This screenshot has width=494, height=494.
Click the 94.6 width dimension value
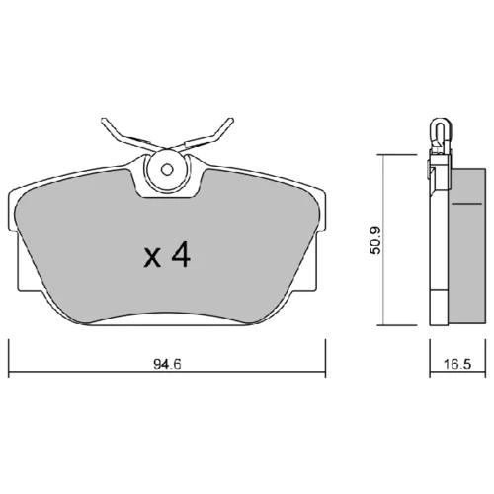(x=168, y=364)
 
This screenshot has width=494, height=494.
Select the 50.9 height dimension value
(x=375, y=240)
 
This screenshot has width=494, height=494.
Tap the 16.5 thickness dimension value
(x=457, y=364)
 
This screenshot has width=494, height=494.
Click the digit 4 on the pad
(x=181, y=255)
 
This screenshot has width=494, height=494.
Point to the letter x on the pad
(x=152, y=258)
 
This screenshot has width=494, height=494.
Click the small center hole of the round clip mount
(x=167, y=170)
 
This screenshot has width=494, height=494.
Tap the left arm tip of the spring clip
(x=104, y=120)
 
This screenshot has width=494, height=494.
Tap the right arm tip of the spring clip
(x=231, y=120)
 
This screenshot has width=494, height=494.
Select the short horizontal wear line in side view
(x=466, y=204)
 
